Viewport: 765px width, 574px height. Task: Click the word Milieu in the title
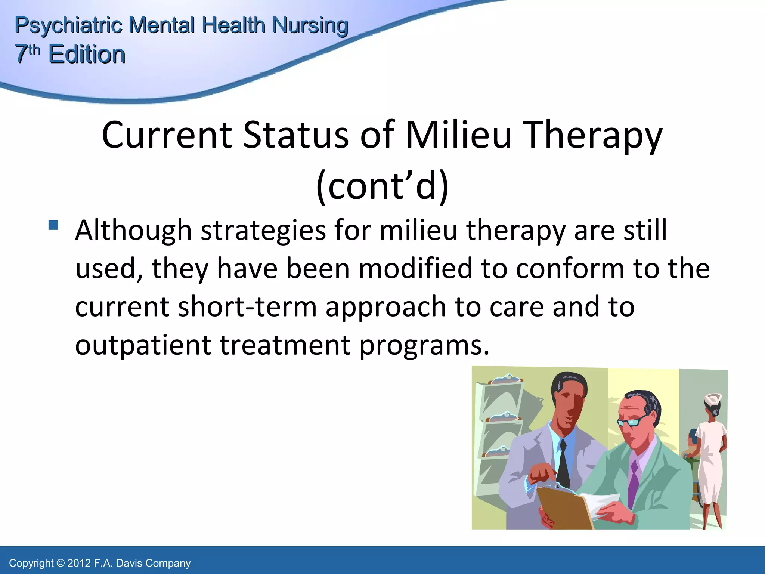(x=458, y=135)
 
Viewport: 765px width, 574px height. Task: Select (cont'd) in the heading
(x=382, y=186)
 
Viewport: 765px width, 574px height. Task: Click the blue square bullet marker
(x=53, y=225)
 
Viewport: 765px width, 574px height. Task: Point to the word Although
(x=133, y=231)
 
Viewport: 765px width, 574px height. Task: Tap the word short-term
(x=247, y=306)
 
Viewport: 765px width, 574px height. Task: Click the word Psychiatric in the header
(x=68, y=25)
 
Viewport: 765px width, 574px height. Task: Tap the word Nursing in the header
(x=310, y=25)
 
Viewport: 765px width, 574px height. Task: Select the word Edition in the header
(x=87, y=55)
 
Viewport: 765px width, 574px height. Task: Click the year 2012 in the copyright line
(x=79, y=563)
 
